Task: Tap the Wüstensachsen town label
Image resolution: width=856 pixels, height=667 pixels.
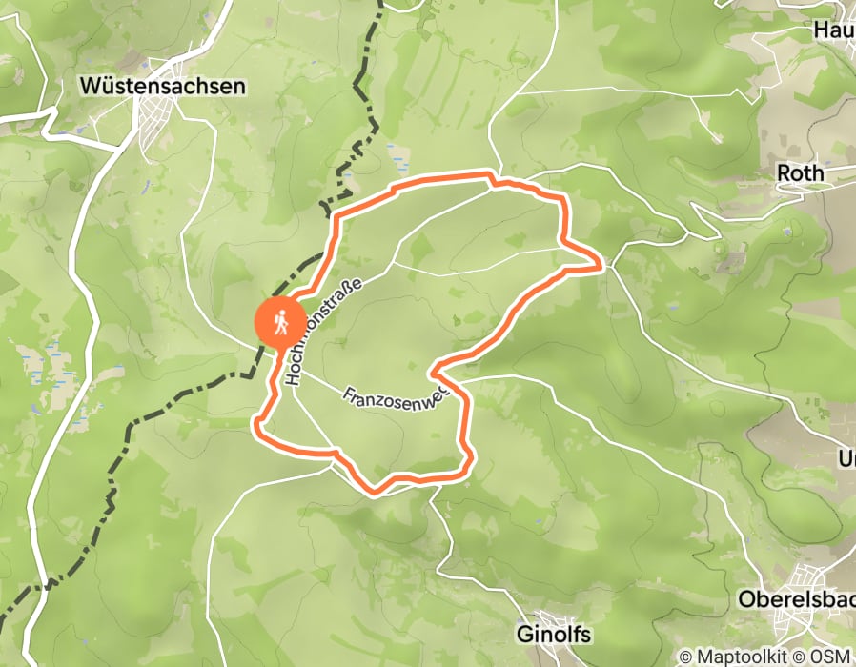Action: (x=162, y=87)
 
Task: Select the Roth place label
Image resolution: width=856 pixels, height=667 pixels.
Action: (x=801, y=174)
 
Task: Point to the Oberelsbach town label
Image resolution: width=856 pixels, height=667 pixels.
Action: (x=797, y=601)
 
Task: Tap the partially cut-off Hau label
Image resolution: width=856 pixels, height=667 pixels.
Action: (x=833, y=30)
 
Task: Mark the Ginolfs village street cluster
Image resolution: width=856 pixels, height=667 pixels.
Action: (x=553, y=619)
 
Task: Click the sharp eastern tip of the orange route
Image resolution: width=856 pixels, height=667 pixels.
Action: (x=601, y=266)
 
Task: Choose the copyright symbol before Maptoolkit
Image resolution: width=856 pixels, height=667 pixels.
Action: (x=685, y=657)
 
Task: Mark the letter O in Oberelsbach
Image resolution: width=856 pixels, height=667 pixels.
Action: (x=747, y=601)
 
